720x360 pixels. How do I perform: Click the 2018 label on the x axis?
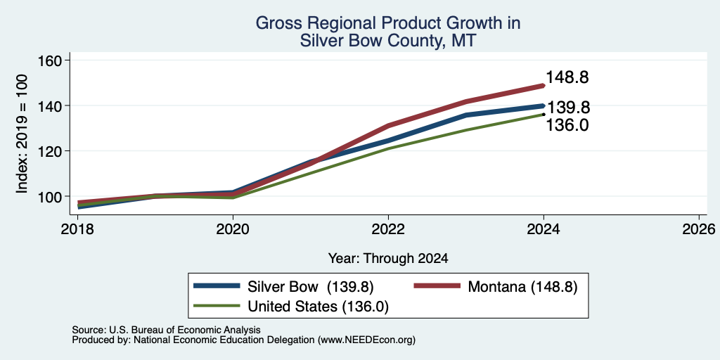coord(77,229)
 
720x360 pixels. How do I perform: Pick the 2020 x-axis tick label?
coord(233,229)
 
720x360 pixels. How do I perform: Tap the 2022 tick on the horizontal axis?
coord(388,229)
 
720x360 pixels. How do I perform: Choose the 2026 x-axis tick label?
coord(699,229)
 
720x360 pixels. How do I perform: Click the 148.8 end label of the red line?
coord(567,77)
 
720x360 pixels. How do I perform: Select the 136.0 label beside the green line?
coord(567,125)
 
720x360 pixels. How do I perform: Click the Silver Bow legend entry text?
coord(311,287)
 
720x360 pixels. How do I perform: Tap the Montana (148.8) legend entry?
coord(522,287)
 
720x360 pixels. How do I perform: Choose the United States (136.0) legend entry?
coord(319,307)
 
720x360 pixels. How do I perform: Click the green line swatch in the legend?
coord(217,306)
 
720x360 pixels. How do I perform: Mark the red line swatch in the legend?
coord(437,285)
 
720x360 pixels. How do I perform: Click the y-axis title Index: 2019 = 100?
coord(22,134)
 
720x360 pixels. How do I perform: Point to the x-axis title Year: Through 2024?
coord(388,259)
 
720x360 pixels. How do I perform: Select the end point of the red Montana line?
coord(544,85)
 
